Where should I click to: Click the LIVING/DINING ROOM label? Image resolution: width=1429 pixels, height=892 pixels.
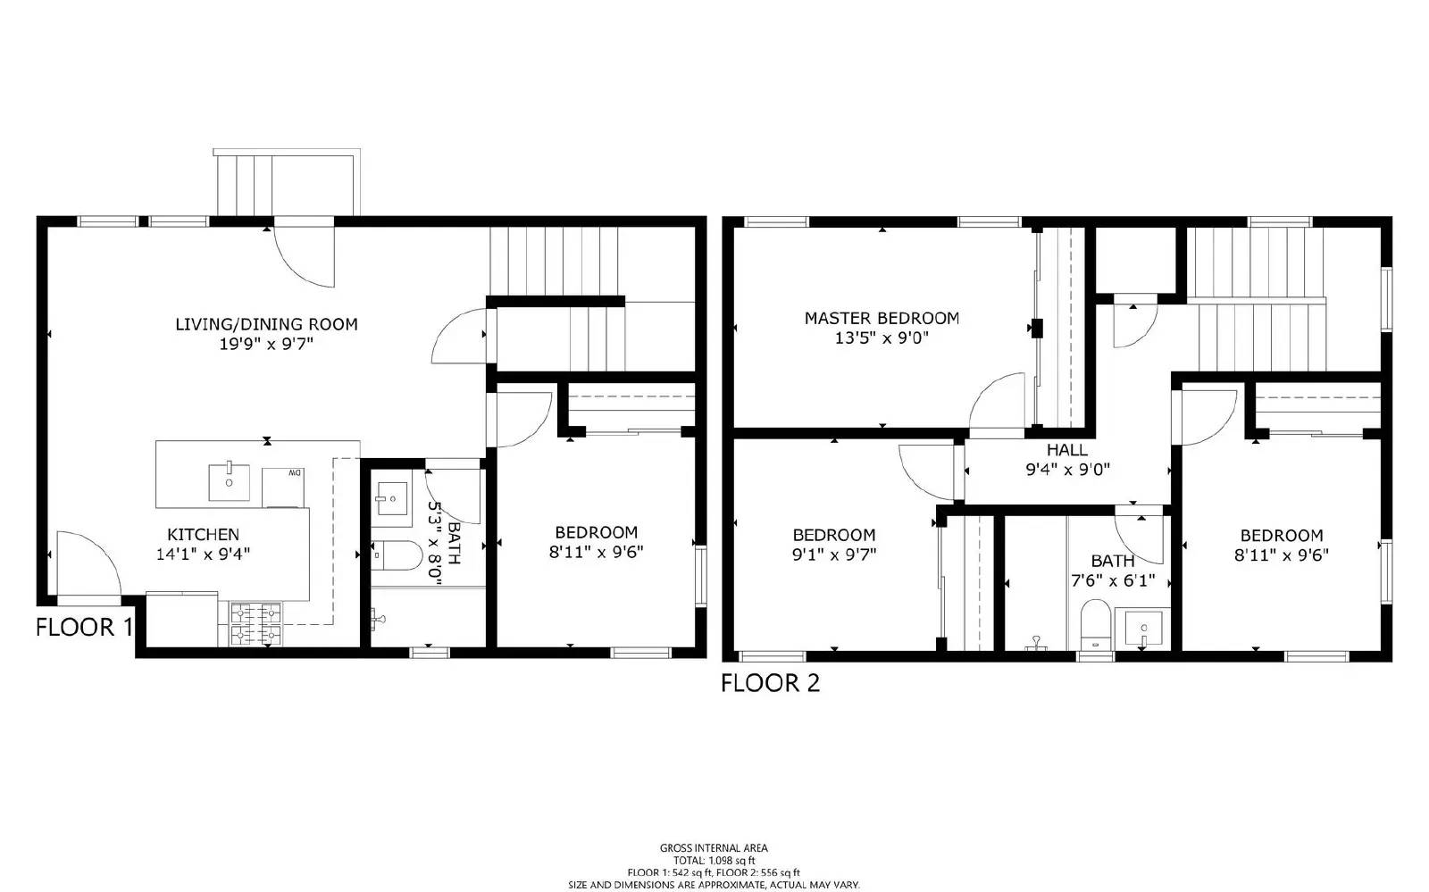pyautogui.click(x=266, y=324)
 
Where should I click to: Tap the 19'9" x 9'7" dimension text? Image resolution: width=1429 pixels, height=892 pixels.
pyautogui.click(x=266, y=344)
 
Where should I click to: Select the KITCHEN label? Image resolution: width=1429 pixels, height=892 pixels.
pyautogui.click(x=203, y=534)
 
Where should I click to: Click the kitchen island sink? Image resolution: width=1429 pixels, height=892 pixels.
pyautogui.click(x=230, y=482)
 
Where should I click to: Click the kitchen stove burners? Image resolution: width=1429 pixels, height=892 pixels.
pyautogui.click(x=255, y=623)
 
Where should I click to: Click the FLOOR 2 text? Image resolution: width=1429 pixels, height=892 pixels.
pyautogui.click(x=770, y=683)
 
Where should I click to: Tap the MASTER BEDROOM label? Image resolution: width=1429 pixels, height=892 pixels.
pyautogui.click(x=882, y=318)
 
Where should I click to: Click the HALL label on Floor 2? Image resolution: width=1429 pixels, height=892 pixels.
pyautogui.click(x=1066, y=450)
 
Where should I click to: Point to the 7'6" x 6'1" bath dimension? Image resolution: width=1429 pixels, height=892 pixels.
pyautogui.click(x=1112, y=580)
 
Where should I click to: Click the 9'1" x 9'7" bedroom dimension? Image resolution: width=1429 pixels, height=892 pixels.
pyautogui.click(x=833, y=554)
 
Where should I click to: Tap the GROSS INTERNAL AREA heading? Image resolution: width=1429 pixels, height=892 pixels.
pyautogui.click(x=713, y=848)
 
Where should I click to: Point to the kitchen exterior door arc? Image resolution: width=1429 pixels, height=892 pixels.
pyautogui.click(x=88, y=563)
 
